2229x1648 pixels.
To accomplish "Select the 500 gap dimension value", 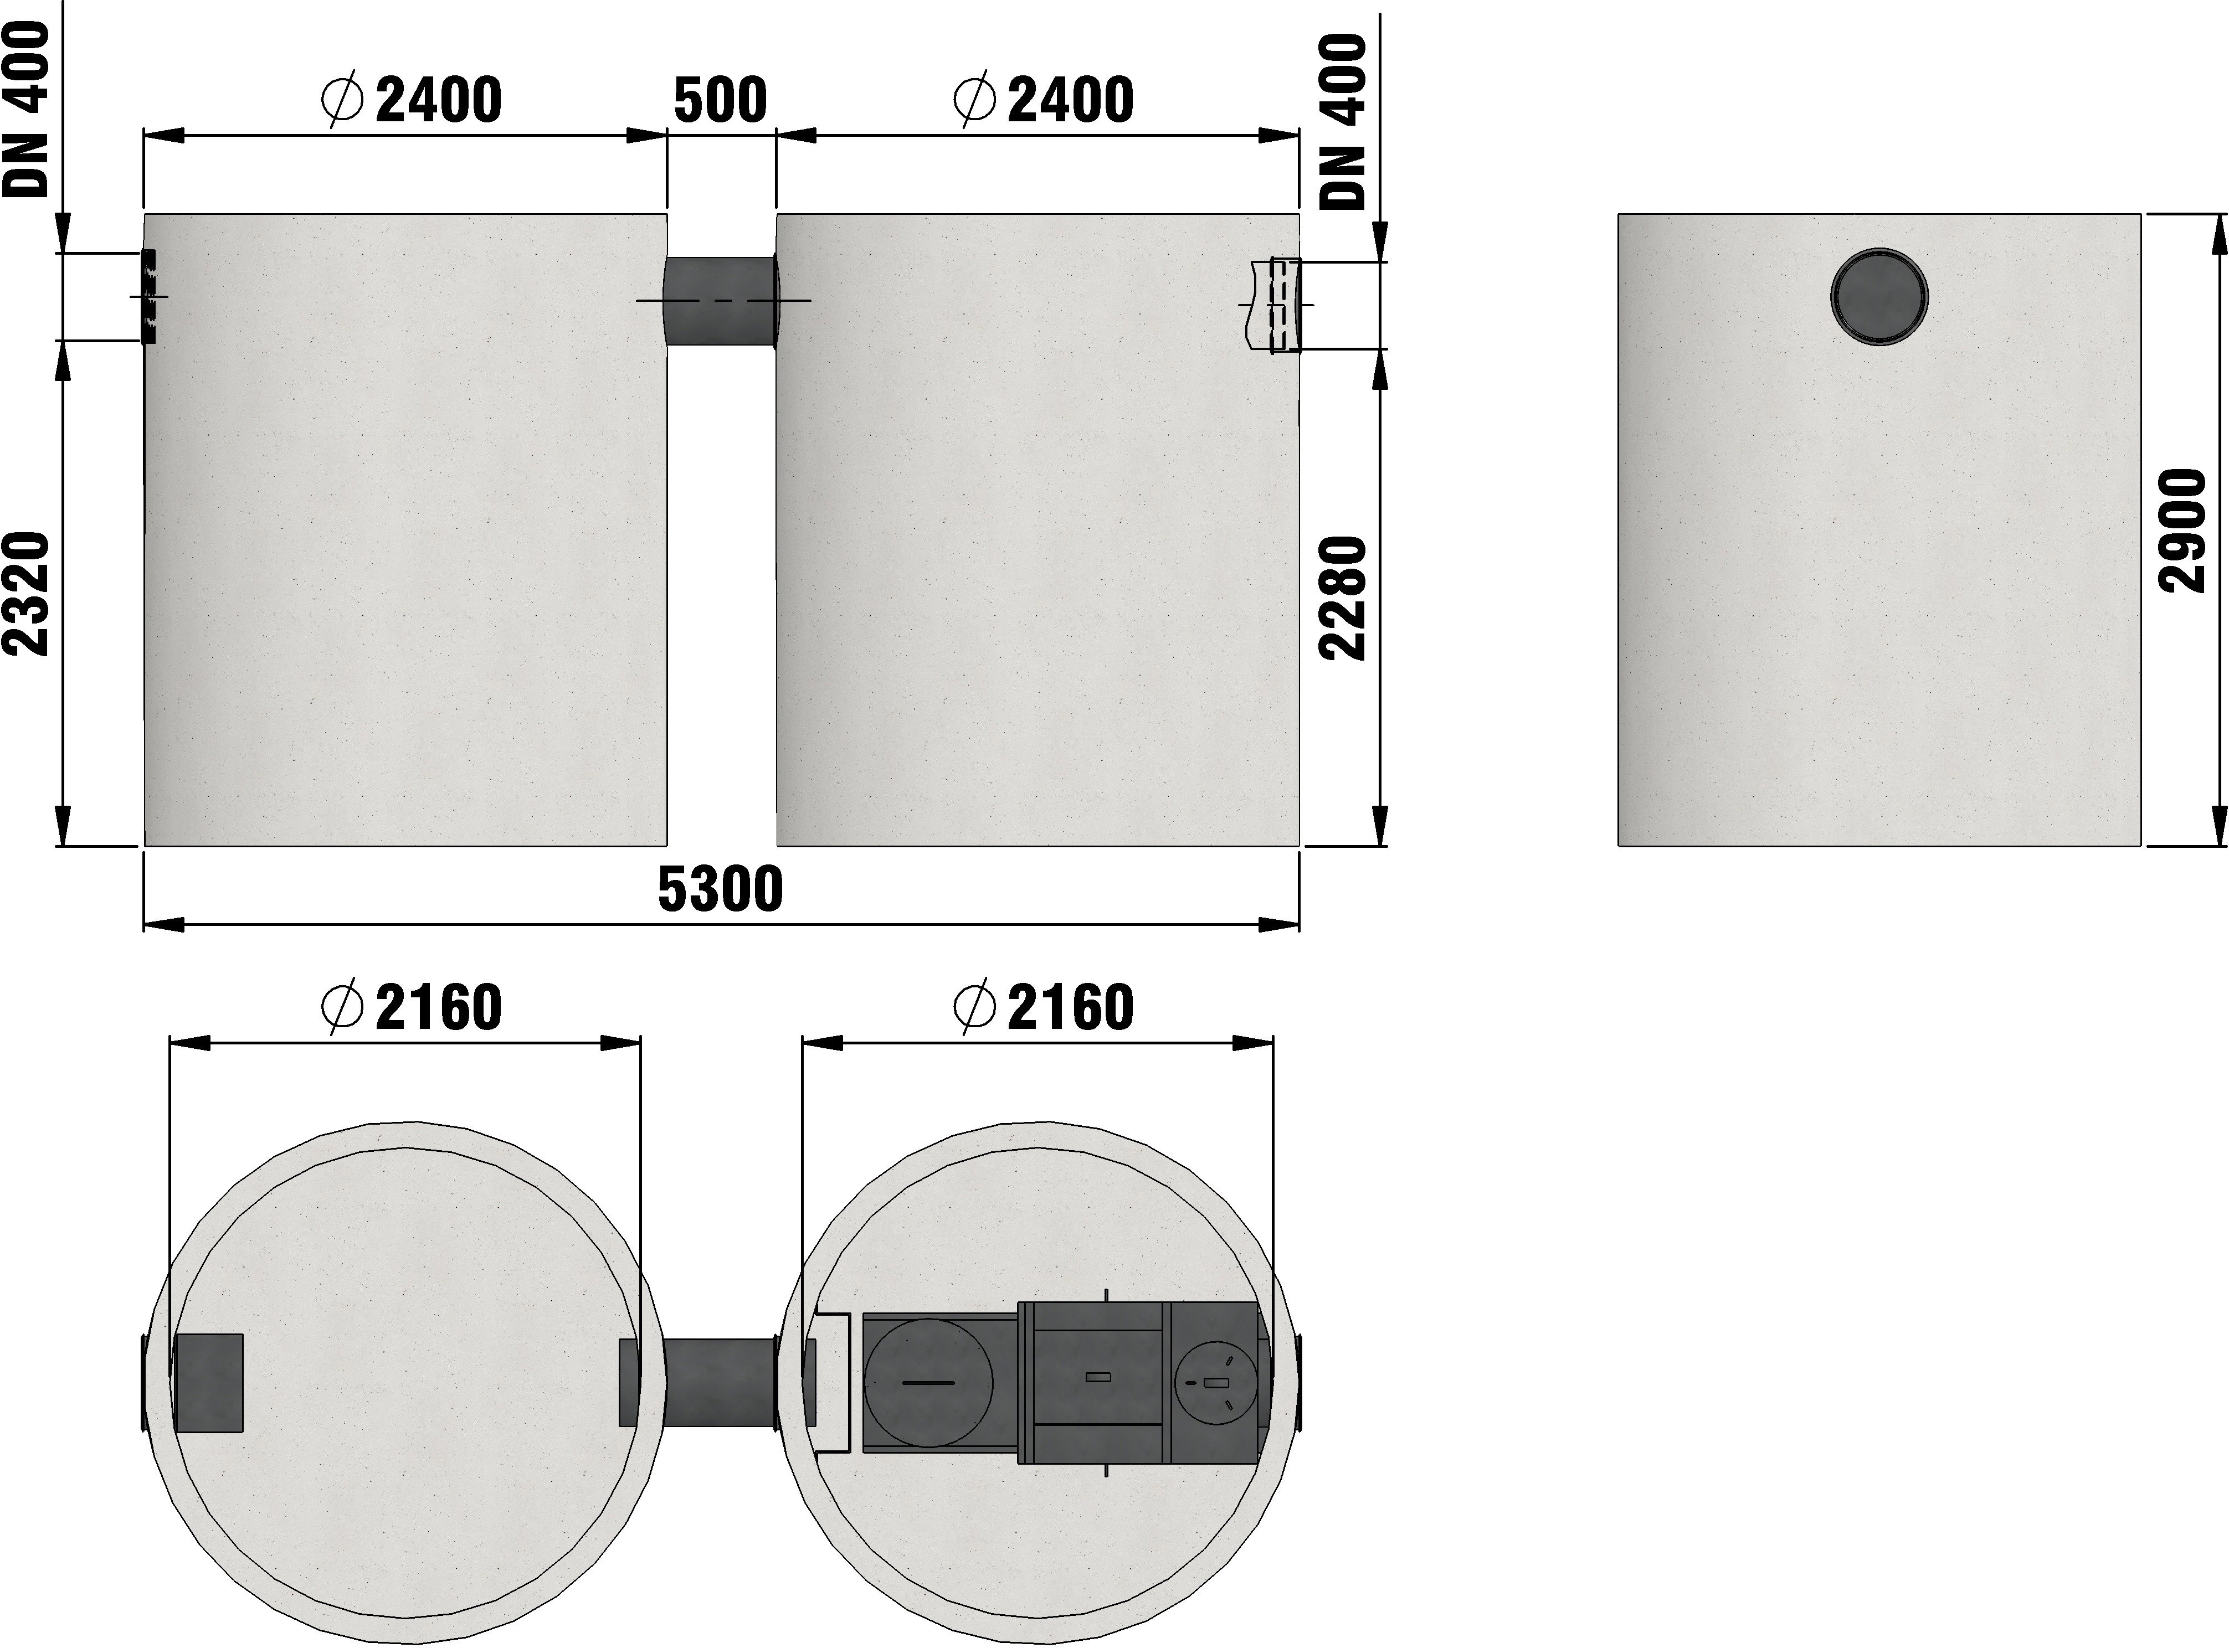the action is (x=721, y=100).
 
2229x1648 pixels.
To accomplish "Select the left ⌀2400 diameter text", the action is (x=411, y=100).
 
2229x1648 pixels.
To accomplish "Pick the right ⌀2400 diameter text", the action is (x=1044, y=100).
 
